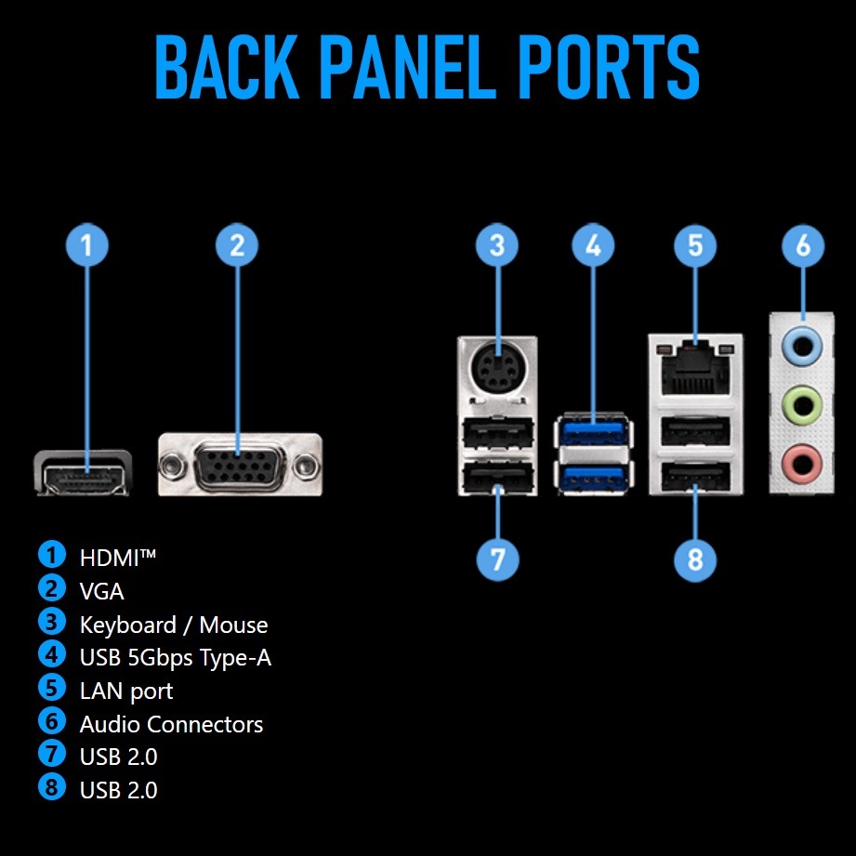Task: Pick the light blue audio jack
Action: [803, 346]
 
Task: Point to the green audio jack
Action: [803, 403]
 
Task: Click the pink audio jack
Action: [803, 460]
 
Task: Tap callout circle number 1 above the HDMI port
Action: [86, 245]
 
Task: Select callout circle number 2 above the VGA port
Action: [237, 245]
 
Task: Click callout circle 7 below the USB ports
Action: [497, 560]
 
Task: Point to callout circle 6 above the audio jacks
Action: [803, 245]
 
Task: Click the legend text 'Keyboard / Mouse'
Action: [174, 626]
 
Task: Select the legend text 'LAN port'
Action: [126, 691]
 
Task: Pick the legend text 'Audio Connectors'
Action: [171, 725]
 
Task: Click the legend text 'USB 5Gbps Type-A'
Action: [176, 658]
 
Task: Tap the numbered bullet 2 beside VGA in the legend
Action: [52, 589]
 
